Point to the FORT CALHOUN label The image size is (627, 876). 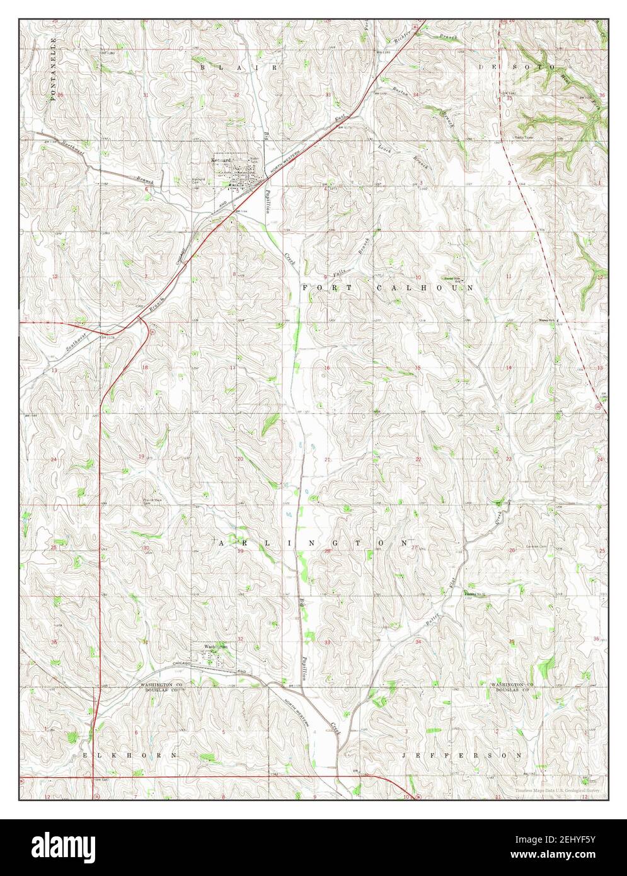[388, 287]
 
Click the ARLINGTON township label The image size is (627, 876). [314, 543]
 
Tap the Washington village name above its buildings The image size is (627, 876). [215, 646]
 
